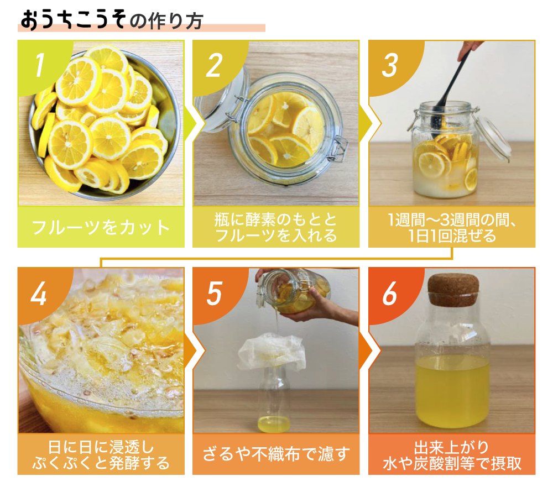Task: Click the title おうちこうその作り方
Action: tap(112, 20)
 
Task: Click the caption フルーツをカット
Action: tap(101, 227)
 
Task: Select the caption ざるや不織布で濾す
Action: tap(276, 454)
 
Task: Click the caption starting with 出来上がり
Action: tap(452, 455)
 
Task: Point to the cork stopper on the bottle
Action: tap(453, 289)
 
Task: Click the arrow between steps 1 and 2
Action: tap(190, 123)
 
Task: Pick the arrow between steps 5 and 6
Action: tap(364, 351)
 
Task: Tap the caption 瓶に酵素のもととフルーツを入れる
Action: tap(276, 228)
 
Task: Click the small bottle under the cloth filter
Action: tap(274, 400)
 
